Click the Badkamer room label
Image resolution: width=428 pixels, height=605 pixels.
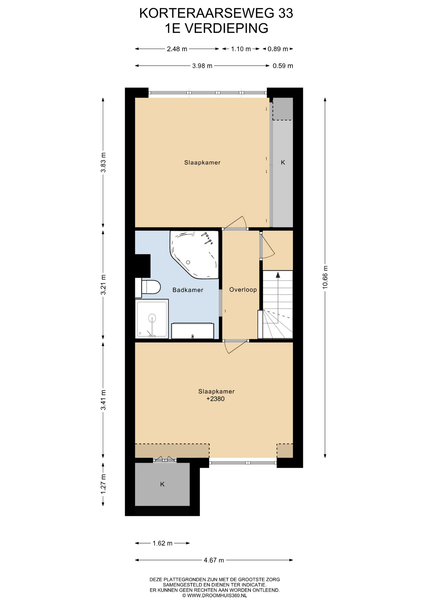[x=188, y=290]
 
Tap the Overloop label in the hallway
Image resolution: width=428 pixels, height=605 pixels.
[x=243, y=290]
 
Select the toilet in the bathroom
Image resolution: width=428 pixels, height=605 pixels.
[x=148, y=287]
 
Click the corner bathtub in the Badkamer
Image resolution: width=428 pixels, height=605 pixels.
[x=194, y=255]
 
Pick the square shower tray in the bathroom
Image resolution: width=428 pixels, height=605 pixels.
[x=152, y=318]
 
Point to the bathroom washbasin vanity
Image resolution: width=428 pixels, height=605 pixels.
[x=193, y=331]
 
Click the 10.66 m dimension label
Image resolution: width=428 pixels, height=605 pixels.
[x=325, y=277]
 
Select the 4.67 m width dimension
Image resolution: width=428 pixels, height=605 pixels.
[x=214, y=560]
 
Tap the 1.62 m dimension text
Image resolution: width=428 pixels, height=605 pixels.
[x=163, y=543]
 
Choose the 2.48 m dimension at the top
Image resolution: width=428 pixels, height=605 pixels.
[x=177, y=49]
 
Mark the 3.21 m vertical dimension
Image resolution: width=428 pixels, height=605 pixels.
[x=103, y=285]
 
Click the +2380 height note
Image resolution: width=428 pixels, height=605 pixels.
[x=216, y=399]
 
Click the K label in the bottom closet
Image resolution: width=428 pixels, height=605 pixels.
[x=162, y=484]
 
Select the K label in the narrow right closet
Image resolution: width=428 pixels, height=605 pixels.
[x=283, y=163]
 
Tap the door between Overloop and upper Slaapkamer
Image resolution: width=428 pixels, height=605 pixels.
[x=235, y=223]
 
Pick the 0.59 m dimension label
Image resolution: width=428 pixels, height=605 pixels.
[x=283, y=66]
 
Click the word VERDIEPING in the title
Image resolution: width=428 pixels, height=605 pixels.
[x=226, y=28]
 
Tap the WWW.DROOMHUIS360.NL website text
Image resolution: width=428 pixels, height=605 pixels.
[x=217, y=596]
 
